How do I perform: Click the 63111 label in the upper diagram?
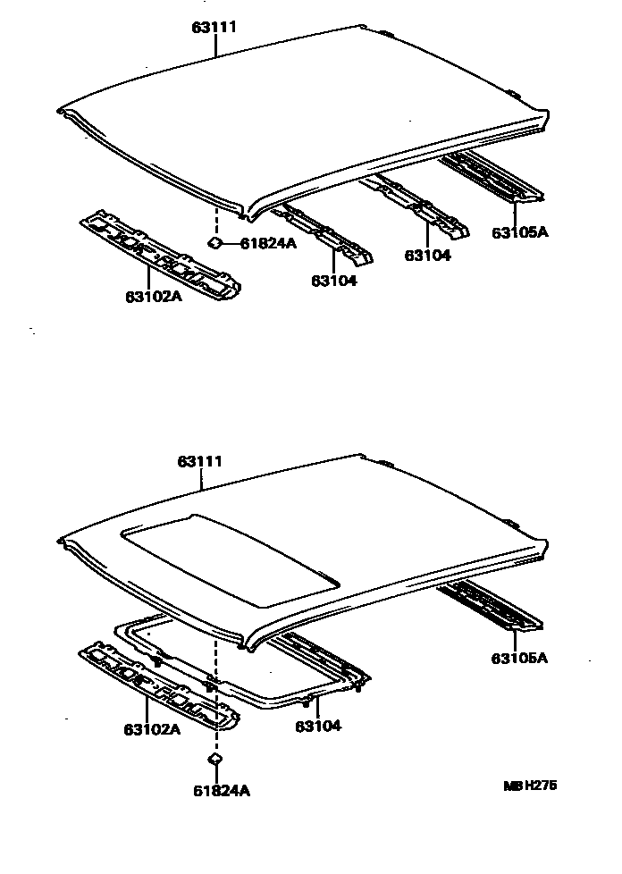(214, 28)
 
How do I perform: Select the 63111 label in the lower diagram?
(200, 462)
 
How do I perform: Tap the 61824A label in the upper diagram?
(268, 243)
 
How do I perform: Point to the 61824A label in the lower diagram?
(221, 790)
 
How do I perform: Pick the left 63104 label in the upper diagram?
(333, 281)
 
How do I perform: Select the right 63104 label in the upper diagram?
(427, 255)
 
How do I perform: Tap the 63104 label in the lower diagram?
(318, 726)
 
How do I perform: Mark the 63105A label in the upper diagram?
(520, 233)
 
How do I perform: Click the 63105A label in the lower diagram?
(519, 659)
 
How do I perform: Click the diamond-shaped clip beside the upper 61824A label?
(215, 242)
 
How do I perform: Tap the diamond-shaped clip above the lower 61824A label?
(214, 759)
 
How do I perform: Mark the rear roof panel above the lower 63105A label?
(490, 604)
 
